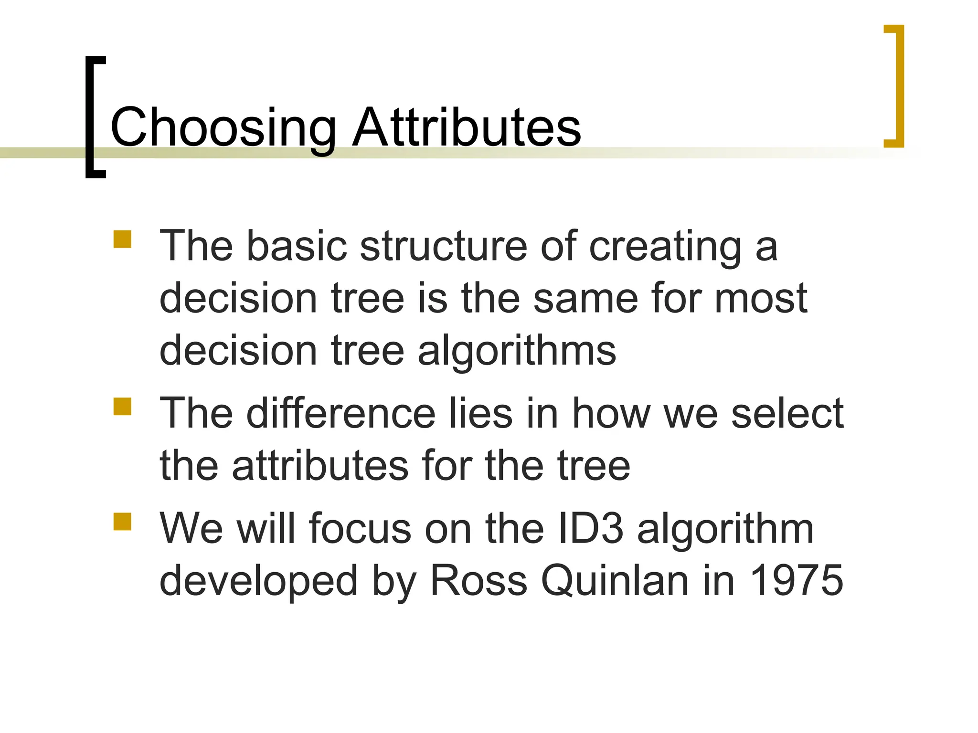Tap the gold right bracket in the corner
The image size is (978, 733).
899,86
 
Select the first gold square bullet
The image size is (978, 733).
122,239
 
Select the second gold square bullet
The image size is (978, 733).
122,407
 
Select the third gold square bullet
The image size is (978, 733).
122,522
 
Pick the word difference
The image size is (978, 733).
341,413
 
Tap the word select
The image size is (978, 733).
787,413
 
